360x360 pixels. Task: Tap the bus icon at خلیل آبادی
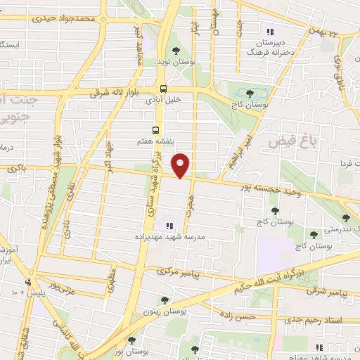(x=163, y=89)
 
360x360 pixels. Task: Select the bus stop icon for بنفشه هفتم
(x=156, y=130)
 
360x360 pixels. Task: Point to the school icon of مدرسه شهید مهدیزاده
(x=168, y=226)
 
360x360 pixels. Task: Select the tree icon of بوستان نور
(x=131, y=340)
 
